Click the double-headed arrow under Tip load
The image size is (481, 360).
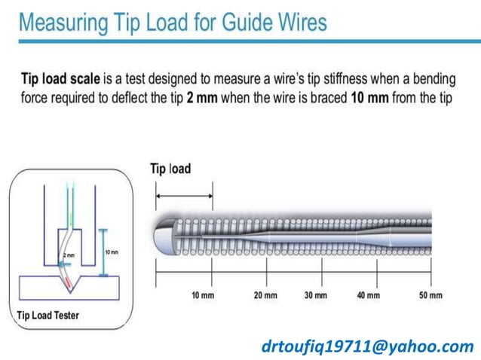click(x=184, y=197)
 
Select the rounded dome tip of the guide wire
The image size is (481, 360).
click(x=164, y=234)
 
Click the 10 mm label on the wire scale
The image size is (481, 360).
click(x=202, y=295)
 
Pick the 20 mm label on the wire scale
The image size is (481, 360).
click(x=265, y=295)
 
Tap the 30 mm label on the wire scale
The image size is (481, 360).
click(x=316, y=295)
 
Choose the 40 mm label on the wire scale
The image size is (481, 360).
click(x=369, y=295)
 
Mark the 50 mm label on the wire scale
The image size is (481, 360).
click(x=430, y=295)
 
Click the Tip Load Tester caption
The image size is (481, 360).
click(x=47, y=315)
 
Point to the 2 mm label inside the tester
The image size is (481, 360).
click(x=69, y=256)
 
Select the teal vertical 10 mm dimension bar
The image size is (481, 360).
click(x=101, y=252)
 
